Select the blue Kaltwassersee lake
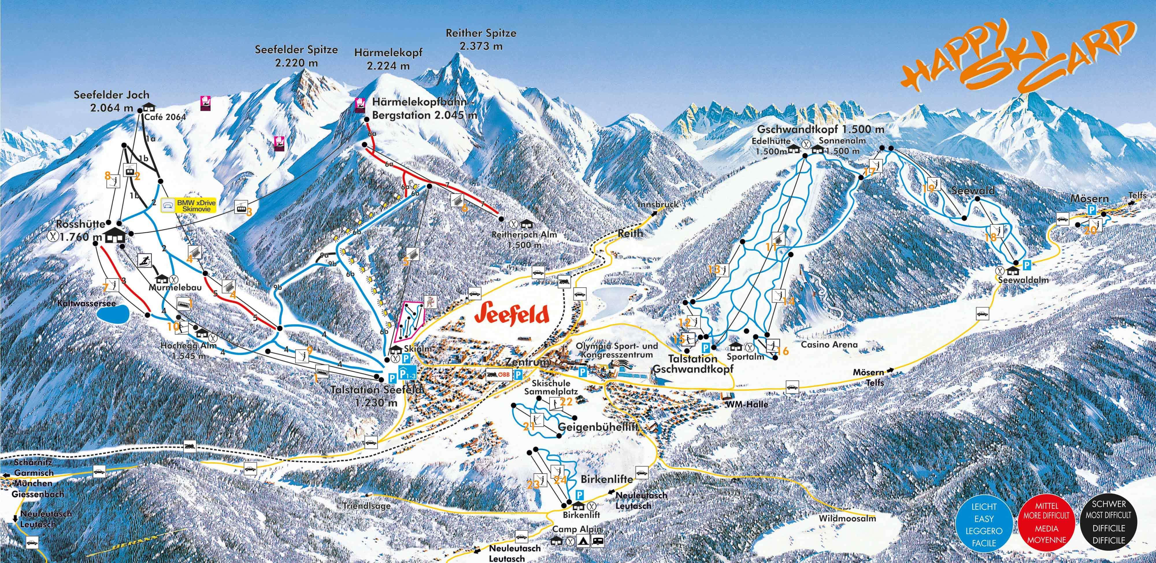point(112,315)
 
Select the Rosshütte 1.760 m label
point(81,229)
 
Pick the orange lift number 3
point(249,211)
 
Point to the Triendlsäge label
point(366,505)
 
